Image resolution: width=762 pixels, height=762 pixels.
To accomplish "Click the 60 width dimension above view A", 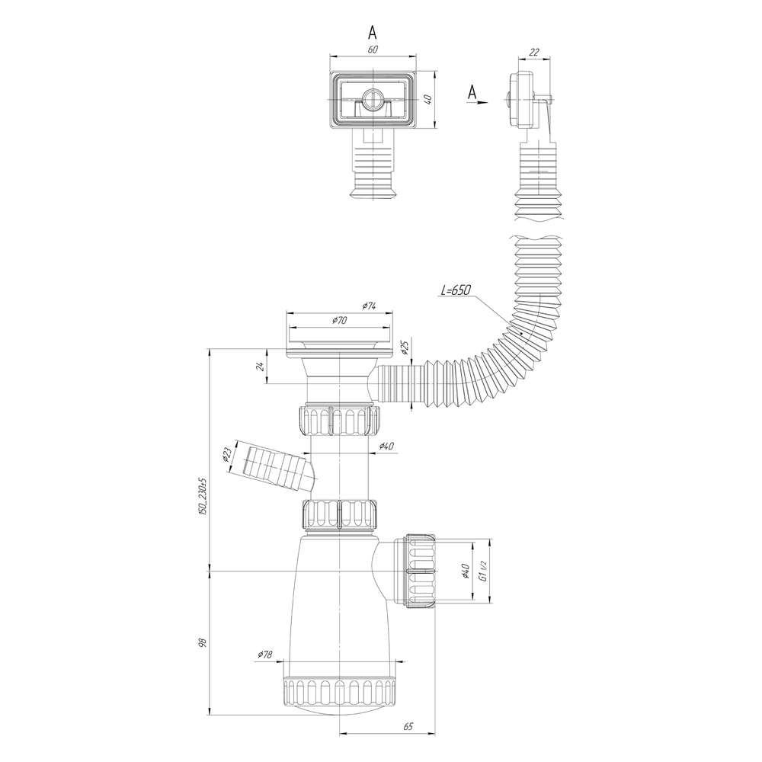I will (372, 50).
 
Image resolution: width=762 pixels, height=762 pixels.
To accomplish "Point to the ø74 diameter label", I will (369, 306).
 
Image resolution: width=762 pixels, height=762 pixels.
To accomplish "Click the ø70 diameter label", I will (340, 321).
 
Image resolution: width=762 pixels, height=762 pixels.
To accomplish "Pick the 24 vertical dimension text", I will (261, 367).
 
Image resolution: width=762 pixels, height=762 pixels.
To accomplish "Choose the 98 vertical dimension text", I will (203, 643).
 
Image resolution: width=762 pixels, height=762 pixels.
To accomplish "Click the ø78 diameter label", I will (265, 655).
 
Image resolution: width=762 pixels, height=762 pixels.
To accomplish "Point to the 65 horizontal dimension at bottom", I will (408, 727).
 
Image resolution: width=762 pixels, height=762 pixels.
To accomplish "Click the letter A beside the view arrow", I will (472, 92).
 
